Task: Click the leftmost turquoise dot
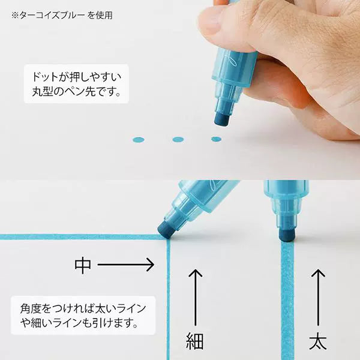pyautogui.click(x=138, y=140)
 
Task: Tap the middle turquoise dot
pyautogui.click(x=177, y=140)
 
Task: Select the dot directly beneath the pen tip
pyautogui.click(x=216, y=139)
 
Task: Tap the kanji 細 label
pyautogui.click(x=195, y=341)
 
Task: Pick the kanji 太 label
pyautogui.click(x=317, y=341)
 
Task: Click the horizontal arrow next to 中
pyautogui.click(x=126, y=263)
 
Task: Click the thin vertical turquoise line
pyautogui.click(x=169, y=300)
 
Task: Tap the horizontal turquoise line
pyautogui.click(x=78, y=236)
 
